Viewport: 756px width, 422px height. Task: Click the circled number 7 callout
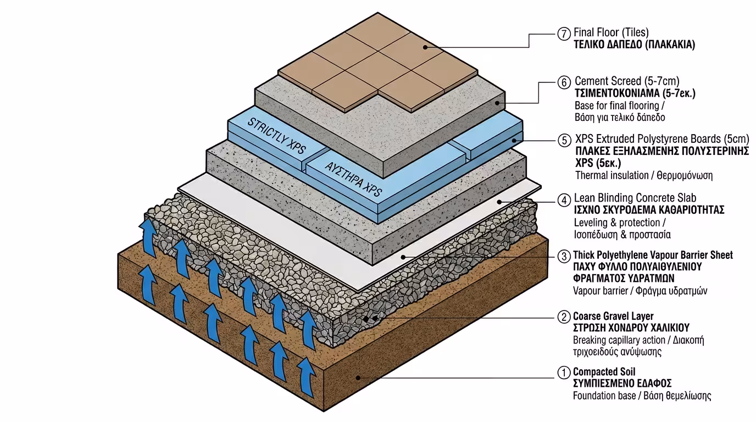click(x=563, y=34)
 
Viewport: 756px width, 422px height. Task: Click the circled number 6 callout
click(x=564, y=82)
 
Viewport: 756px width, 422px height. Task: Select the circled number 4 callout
click(x=563, y=199)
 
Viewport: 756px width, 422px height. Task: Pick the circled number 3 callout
click(x=563, y=256)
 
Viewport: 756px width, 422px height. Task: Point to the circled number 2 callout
click(x=563, y=317)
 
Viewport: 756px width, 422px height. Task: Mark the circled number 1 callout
click(x=563, y=373)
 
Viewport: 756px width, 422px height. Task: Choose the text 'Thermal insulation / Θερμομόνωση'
click(x=643, y=176)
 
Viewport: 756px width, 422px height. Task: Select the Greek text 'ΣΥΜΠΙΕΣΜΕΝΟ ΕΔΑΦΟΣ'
click(x=622, y=384)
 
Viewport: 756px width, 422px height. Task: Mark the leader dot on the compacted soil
click(x=358, y=377)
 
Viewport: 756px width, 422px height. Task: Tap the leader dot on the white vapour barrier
click(x=403, y=256)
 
